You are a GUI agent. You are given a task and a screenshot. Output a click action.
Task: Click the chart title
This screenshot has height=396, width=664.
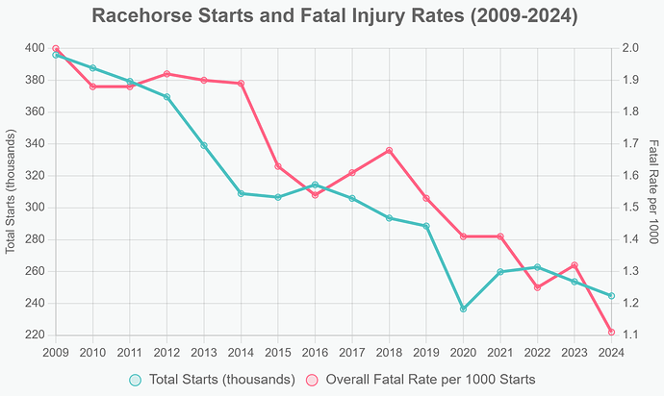pyautogui.click(x=331, y=16)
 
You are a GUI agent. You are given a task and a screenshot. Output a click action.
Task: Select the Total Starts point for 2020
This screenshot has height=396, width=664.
pyautogui.click(x=463, y=309)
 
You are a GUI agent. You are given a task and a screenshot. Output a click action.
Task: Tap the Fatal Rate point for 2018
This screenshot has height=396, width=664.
pyautogui.click(x=389, y=150)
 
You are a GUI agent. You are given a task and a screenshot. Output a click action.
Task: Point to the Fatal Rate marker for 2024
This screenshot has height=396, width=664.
pyautogui.click(x=611, y=333)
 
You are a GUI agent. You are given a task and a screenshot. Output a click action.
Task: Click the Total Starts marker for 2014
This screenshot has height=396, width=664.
pyautogui.click(x=241, y=193)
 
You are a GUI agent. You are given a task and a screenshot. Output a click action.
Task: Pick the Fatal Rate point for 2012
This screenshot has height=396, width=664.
pyautogui.click(x=166, y=74)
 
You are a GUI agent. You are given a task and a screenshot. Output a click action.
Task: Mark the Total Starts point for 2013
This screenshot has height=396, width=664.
pyautogui.click(x=204, y=145)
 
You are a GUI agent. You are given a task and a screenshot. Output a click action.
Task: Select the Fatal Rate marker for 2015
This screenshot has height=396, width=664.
pyautogui.click(x=278, y=166)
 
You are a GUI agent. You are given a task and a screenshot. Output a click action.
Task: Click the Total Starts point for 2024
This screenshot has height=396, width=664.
pyautogui.click(x=611, y=295)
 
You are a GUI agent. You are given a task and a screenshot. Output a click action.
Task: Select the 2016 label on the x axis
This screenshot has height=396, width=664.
pyautogui.click(x=315, y=353)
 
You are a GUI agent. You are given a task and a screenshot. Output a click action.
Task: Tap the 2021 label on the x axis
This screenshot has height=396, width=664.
pyautogui.click(x=500, y=353)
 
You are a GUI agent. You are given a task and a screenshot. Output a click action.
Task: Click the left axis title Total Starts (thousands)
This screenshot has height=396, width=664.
pyautogui.click(x=12, y=191)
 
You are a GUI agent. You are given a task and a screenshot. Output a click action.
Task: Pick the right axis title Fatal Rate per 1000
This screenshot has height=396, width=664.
pyautogui.click(x=652, y=191)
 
